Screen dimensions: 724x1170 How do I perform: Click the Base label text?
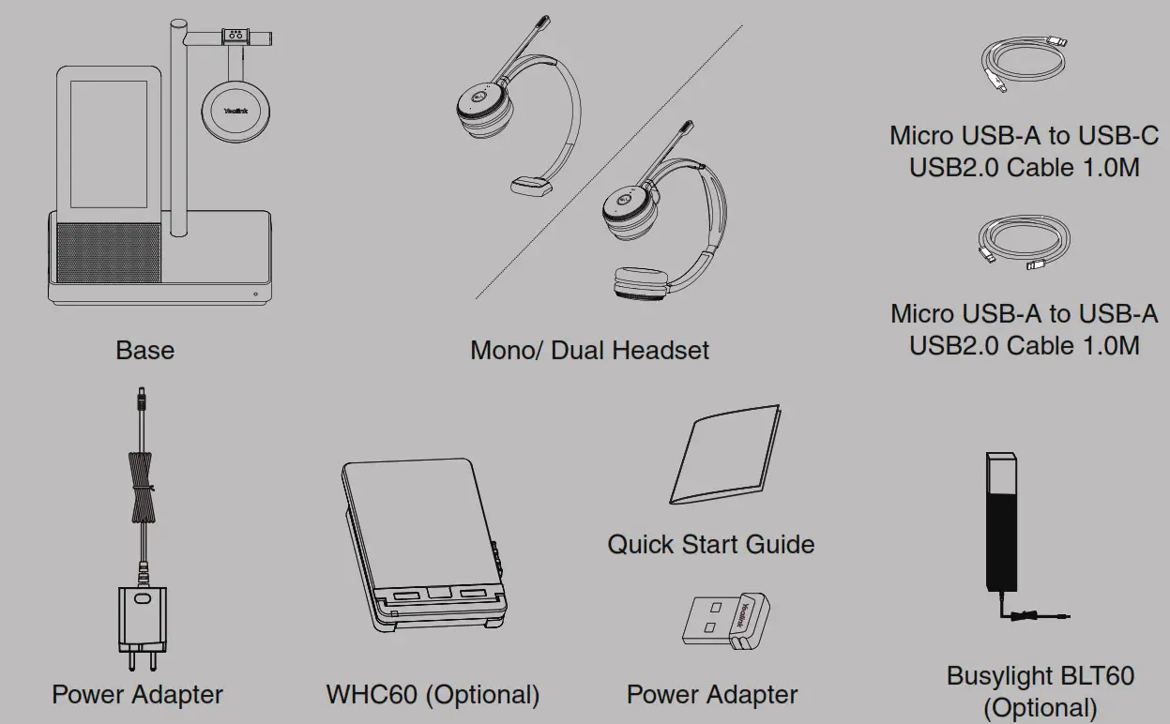click(144, 350)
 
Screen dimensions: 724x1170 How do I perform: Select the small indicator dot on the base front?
click(256, 294)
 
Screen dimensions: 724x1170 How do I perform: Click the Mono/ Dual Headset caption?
click(589, 350)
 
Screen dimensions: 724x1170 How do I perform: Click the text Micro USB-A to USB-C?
click(1024, 135)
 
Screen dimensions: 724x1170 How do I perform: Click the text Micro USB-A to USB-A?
click(1024, 312)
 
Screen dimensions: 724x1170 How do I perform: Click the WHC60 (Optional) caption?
click(433, 695)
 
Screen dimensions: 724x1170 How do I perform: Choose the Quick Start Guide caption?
click(710, 544)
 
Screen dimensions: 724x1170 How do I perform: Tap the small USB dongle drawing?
click(719, 621)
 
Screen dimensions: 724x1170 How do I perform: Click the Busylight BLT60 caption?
click(1040, 675)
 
